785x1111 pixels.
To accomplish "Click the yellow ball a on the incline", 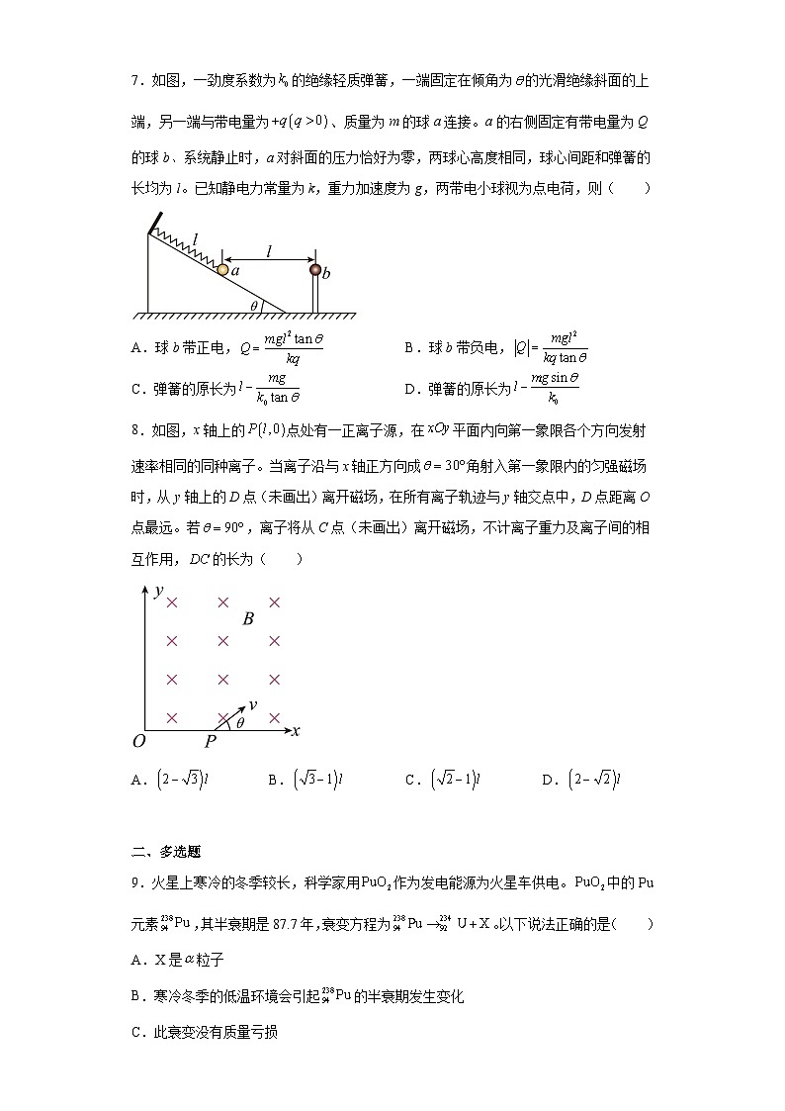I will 222,269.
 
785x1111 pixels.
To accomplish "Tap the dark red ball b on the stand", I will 315,269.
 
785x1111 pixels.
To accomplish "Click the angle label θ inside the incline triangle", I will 254,307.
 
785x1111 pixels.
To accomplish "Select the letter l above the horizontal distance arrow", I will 268,251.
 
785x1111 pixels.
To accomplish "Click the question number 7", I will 135,79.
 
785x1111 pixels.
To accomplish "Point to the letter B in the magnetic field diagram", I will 248,619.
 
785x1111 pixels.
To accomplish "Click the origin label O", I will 138,742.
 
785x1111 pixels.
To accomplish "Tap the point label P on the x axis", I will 210,742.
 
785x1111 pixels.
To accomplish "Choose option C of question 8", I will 442,780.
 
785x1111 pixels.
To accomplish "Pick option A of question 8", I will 169,780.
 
